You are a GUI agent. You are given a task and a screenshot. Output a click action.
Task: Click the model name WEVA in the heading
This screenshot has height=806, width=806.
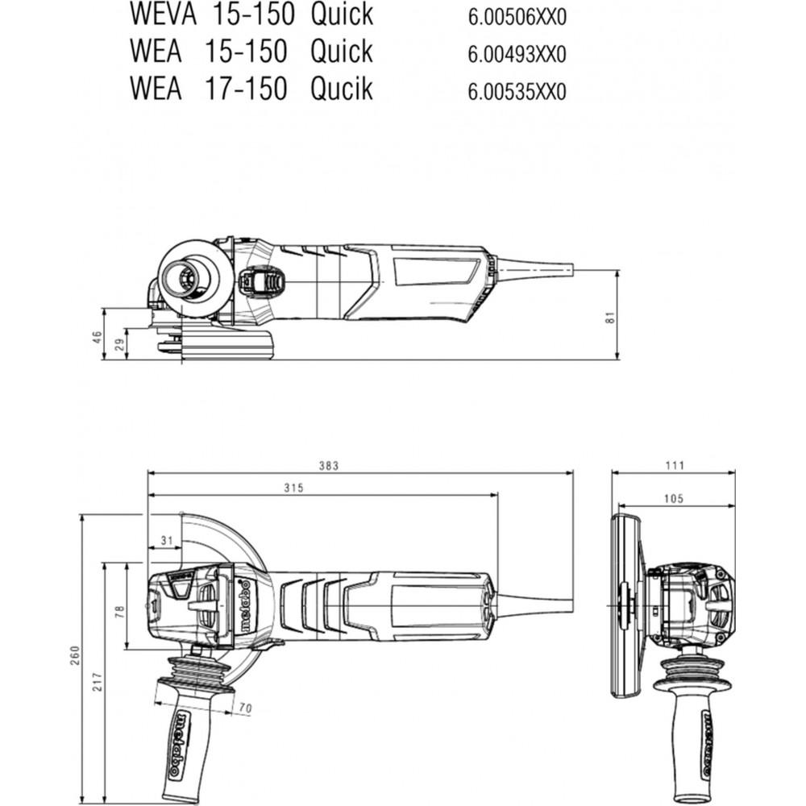pos(163,14)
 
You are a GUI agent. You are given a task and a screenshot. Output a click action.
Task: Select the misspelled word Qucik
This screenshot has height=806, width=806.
pos(341,89)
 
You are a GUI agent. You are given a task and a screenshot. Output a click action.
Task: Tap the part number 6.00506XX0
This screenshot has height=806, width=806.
pos(517,18)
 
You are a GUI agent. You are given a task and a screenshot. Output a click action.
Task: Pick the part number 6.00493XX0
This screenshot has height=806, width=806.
pos(517,54)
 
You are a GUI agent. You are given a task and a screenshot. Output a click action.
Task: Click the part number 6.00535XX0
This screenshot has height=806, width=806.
pos(517,92)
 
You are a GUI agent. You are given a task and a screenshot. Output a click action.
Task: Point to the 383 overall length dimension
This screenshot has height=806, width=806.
pos(329,466)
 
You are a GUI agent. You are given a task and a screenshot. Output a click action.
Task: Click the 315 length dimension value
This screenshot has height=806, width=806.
pos(294,488)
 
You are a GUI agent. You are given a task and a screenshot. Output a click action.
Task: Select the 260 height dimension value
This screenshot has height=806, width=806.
pos(75,654)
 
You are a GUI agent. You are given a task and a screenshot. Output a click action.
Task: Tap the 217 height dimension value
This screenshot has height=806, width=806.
pos(98,681)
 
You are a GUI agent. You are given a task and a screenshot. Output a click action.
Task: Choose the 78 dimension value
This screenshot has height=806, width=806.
pos(119,611)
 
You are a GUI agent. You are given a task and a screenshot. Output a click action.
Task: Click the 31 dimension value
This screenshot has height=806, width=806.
pos(167,540)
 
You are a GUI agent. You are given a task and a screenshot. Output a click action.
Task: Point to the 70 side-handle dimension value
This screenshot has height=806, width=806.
pos(246,708)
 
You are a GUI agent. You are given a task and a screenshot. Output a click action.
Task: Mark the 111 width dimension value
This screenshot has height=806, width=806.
pos(675,465)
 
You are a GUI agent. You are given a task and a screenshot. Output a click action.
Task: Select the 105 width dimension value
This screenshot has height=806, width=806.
pos(673,498)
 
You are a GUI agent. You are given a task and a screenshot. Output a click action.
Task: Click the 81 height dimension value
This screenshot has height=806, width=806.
pos(609,317)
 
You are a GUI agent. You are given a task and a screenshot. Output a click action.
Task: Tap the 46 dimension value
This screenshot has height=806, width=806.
pos(98,338)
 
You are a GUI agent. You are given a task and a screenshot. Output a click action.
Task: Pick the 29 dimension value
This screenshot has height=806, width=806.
pos(120,345)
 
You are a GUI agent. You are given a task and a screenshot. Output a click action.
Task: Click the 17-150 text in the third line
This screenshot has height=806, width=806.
pos(245,89)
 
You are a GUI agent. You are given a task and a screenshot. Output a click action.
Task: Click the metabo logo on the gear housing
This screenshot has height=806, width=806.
pos(245,606)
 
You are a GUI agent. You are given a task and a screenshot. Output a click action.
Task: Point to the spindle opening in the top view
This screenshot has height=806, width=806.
pos(186,280)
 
